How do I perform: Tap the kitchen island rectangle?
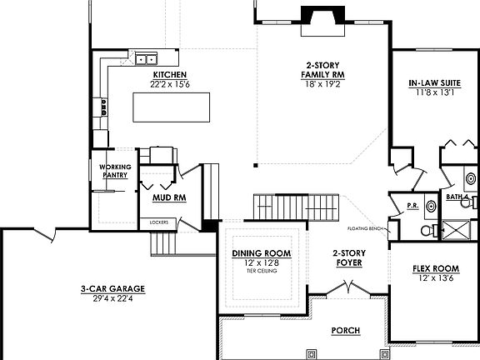(172, 106)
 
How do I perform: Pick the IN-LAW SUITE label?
(431, 83)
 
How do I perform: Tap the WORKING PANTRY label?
(114, 171)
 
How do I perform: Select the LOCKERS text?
(159, 222)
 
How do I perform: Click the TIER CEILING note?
(262, 272)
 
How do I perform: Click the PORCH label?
(345, 331)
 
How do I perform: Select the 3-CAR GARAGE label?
(112, 288)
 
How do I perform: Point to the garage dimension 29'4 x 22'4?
(112, 298)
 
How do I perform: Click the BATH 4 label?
(458, 197)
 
